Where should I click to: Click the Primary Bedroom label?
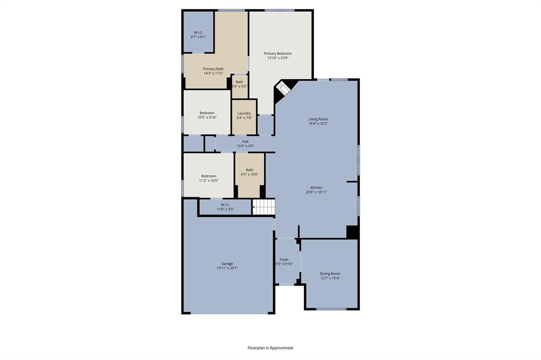click(277, 53)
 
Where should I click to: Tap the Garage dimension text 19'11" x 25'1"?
click(227, 268)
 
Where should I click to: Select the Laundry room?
click(244, 117)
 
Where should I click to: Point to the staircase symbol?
click(264, 207)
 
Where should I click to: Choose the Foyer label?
click(284, 259)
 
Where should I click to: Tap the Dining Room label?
click(330, 273)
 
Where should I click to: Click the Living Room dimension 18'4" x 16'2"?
click(318, 123)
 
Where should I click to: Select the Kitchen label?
click(316, 187)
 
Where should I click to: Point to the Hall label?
click(245, 141)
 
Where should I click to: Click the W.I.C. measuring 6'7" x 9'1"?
click(198, 32)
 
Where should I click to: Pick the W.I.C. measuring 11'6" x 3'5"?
click(225, 207)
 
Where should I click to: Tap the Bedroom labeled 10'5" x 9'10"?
click(207, 112)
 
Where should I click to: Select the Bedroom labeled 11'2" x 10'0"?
click(208, 176)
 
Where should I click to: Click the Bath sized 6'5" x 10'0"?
click(249, 175)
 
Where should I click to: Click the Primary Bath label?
click(213, 69)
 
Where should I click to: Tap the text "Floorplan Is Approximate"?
click(270, 348)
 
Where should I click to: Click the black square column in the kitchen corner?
click(352, 232)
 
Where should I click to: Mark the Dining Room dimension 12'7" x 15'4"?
click(330, 278)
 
